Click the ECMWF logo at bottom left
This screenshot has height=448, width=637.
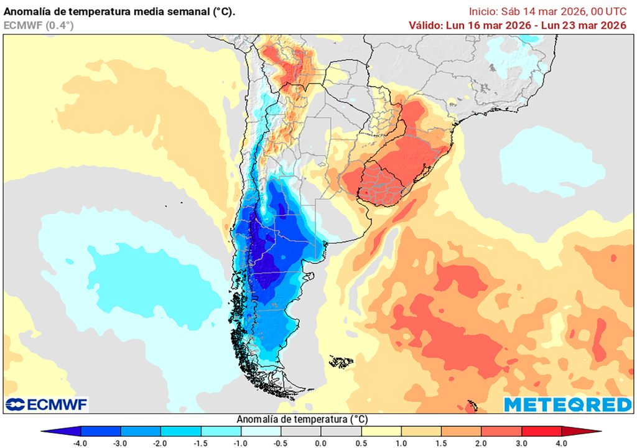click(47, 404)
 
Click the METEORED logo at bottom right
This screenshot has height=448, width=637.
click(567, 404)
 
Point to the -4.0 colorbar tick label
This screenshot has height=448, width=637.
click(81, 442)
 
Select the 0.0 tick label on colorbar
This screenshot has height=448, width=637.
click(320, 442)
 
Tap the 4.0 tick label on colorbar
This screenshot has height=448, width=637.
click(561, 442)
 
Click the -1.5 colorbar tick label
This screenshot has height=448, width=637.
click(201, 442)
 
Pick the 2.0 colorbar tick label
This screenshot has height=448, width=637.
click(481, 442)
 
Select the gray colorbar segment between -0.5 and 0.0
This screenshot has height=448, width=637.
click(300, 431)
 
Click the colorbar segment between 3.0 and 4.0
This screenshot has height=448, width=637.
click(541, 431)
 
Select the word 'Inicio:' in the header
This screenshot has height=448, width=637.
click(483, 11)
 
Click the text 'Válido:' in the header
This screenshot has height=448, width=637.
click(425, 26)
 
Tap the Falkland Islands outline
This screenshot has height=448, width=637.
click(341, 361)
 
